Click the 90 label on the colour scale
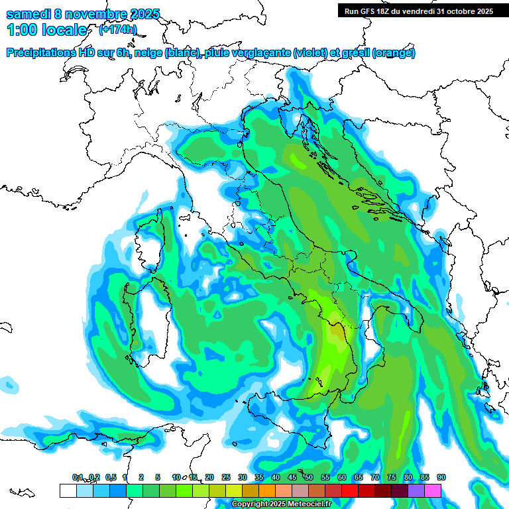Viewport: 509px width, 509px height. (441, 477)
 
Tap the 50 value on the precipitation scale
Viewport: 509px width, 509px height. (309, 477)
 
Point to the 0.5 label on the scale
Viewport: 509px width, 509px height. (110, 477)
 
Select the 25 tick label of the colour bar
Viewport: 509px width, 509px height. (226, 477)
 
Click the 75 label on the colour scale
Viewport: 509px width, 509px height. (392, 477)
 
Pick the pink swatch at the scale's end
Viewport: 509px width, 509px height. (433, 490)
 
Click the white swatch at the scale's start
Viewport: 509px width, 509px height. (68, 490)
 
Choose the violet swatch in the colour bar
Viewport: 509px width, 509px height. (416, 490)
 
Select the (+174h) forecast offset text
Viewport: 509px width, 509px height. (117, 30)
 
